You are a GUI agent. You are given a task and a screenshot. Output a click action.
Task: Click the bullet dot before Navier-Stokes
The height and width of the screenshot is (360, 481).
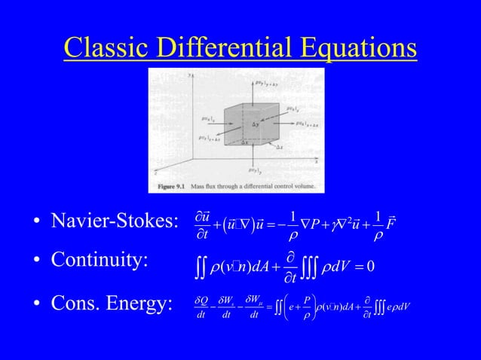[x=35, y=223]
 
